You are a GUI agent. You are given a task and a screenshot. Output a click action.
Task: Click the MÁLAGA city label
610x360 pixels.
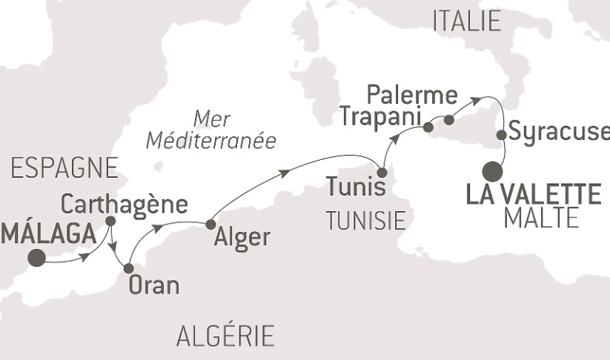pyautogui.click(x=49, y=233)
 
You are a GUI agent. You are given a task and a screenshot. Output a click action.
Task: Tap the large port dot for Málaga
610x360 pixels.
pyautogui.click(x=36, y=258)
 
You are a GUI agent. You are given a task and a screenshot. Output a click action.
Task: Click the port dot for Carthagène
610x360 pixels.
pyautogui.click(x=110, y=221)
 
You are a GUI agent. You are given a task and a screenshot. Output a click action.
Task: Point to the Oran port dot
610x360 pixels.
pyautogui.click(x=128, y=268)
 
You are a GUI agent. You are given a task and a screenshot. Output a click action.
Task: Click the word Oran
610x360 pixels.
pyautogui.click(x=154, y=285)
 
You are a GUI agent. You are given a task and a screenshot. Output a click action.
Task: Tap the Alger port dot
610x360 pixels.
pyautogui.click(x=210, y=224)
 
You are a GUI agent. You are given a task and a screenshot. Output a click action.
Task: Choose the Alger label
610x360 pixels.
pyautogui.click(x=242, y=239)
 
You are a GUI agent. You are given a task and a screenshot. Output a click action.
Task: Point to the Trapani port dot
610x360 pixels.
pyautogui.click(x=428, y=128)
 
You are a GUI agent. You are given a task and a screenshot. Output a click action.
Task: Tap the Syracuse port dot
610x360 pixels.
pyautogui.click(x=502, y=135)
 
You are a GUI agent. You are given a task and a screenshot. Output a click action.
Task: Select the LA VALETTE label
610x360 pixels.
pyautogui.click(x=532, y=196)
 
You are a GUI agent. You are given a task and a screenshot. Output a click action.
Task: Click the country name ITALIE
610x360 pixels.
pyautogui.click(x=466, y=21)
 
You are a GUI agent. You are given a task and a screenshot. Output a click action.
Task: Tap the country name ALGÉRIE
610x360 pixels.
pyautogui.click(x=225, y=336)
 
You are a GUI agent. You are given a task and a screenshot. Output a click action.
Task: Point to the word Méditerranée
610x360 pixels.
pyautogui.click(x=232, y=139)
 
